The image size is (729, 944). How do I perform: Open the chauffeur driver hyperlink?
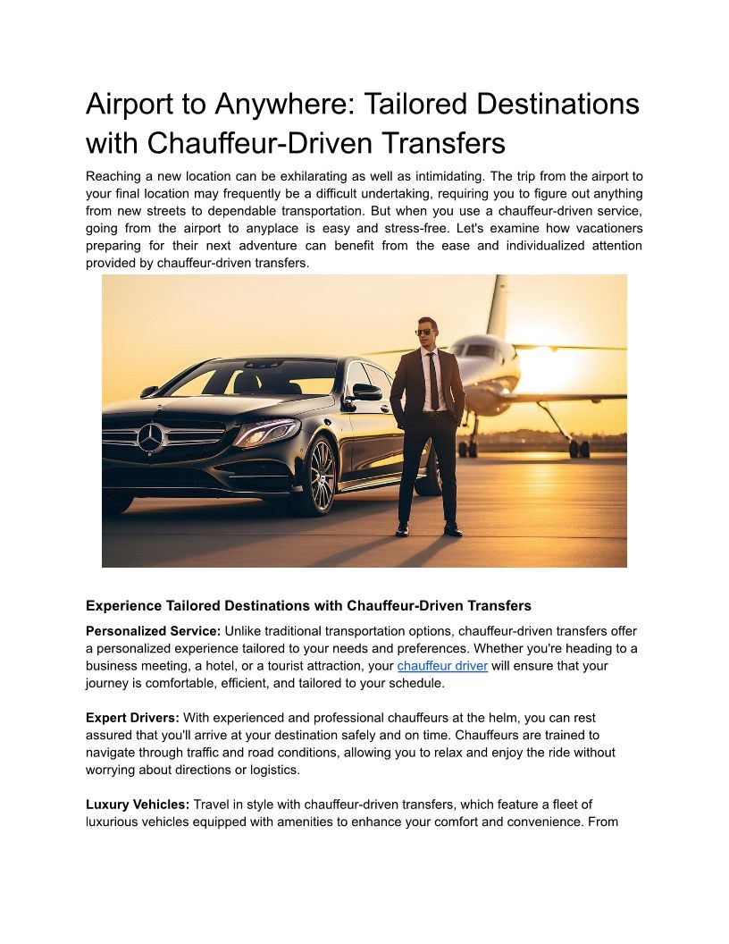(x=442, y=666)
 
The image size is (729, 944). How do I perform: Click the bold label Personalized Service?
(x=153, y=631)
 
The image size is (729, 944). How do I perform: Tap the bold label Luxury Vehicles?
(x=138, y=805)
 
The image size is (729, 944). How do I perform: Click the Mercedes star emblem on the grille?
(x=150, y=437)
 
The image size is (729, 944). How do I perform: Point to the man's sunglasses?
(x=427, y=332)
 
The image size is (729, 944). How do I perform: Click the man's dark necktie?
(x=432, y=380)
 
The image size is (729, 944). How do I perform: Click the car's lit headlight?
(x=267, y=432)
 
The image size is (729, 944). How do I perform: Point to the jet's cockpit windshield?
(x=480, y=350)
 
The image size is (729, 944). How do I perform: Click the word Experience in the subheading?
(x=123, y=606)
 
